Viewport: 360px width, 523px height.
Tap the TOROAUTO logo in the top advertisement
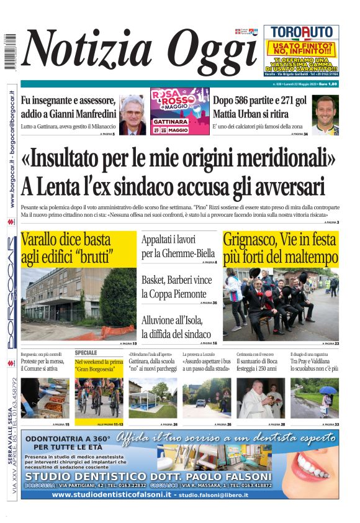[x=301, y=32]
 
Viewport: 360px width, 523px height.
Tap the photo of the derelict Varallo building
[x=78, y=303]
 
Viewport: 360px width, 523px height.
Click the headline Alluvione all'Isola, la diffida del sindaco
[x=176, y=326]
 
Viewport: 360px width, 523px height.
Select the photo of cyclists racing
[x=99, y=398]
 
